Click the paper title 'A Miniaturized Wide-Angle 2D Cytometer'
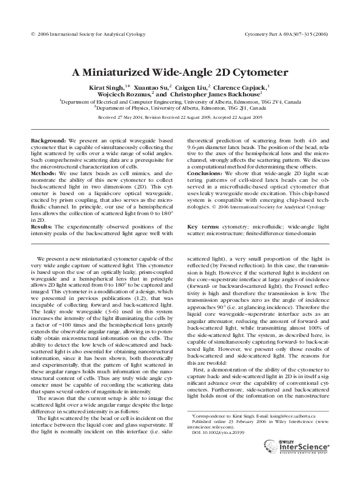click(180, 72)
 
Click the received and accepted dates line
click(180, 116)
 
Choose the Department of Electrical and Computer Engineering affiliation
click(180, 102)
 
